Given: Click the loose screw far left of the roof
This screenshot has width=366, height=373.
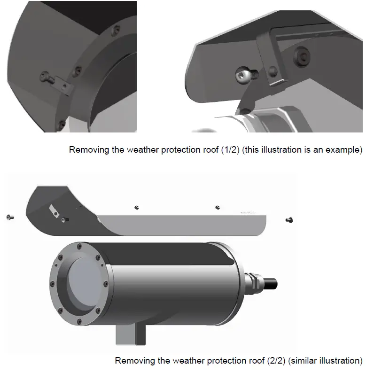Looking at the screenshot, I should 9,217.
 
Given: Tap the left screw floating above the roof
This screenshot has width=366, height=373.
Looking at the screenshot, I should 137,207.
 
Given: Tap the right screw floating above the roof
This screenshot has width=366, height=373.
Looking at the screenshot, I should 217,207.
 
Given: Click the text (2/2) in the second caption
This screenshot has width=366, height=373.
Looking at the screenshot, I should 275,361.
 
